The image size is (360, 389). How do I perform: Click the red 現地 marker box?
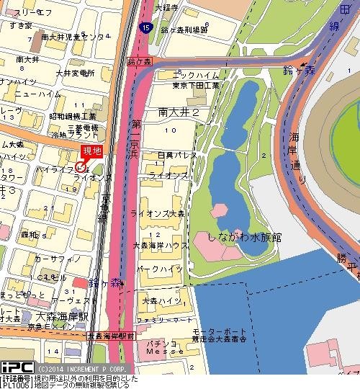(x=92, y=151)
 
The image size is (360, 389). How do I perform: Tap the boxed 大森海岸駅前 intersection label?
(x=110, y=336)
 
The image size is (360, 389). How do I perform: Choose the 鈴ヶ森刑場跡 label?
(x=185, y=30)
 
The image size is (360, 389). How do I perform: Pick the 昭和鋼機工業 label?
(x=72, y=116)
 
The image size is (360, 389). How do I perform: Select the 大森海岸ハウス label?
(x=161, y=246)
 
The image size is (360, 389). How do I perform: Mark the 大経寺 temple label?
(x=167, y=8)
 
